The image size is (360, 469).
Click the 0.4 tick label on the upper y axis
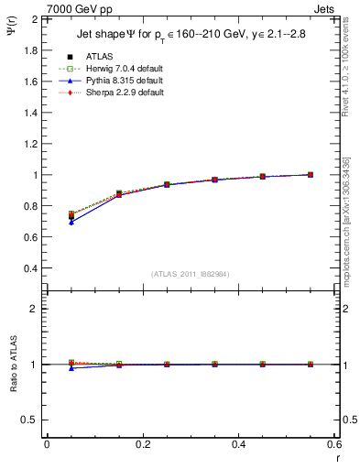[x=30, y=268]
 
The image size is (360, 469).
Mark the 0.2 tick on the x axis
[x=142, y=445]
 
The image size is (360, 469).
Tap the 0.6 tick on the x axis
[x=333, y=445]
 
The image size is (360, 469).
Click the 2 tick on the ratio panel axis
[x=35, y=309]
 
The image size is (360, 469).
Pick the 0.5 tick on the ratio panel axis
[x=30, y=420]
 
